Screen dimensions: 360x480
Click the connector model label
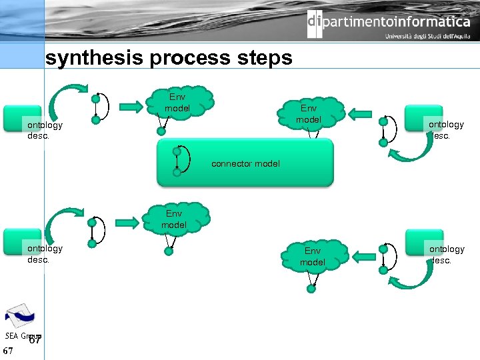pyautogui.click(x=245, y=163)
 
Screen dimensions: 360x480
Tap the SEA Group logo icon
pyautogui.click(x=21, y=316)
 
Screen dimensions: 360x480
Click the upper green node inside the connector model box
pyautogui.click(x=177, y=151)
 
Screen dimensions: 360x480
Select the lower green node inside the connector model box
pyautogui.click(x=177, y=172)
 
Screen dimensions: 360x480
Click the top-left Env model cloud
pyautogui.click(x=177, y=103)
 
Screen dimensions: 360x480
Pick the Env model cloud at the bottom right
pyautogui.click(x=312, y=256)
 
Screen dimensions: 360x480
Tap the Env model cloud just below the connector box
pyautogui.click(x=174, y=219)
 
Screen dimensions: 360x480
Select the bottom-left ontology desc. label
pyautogui.click(x=45, y=253)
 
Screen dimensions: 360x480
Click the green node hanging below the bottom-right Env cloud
pyautogui.click(x=311, y=289)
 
